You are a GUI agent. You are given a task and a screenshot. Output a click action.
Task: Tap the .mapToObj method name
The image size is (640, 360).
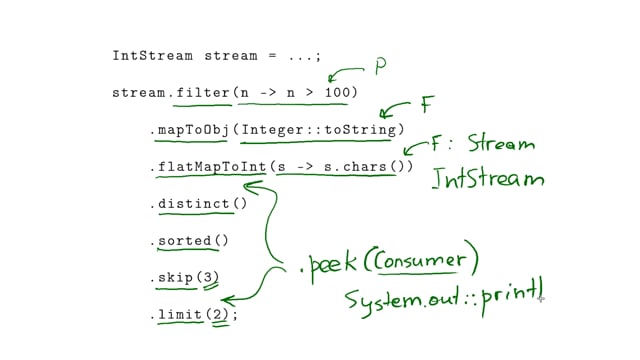pyautogui.click(x=194, y=130)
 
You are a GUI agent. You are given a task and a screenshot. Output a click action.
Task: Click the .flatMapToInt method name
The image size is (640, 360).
pyautogui.click(x=206, y=167)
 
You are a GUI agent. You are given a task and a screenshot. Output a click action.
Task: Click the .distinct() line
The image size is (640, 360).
pyautogui.click(x=197, y=204)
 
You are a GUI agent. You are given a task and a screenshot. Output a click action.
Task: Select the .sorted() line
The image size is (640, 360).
pyautogui.click(x=189, y=241)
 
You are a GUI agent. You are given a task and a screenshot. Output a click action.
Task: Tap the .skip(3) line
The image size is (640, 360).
pyautogui.click(x=184, y=277)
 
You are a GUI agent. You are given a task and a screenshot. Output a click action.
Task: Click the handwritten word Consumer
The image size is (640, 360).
pyautogui.click(x=419, y=262)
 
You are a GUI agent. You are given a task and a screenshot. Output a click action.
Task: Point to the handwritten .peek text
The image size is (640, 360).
pyautogui.click(x=327, y=265)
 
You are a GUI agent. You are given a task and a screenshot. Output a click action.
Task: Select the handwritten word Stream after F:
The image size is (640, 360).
pyautogui.click(x=501, y=144)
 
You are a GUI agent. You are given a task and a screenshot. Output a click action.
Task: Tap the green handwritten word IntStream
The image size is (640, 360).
pyautogui.click(x=488, y=179)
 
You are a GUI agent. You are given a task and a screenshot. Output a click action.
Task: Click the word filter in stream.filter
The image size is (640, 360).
pyautogui.click(x=201, y=93)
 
